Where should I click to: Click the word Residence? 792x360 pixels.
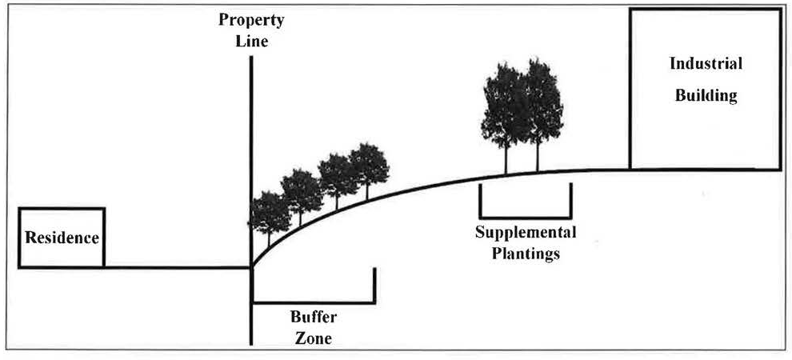pos(62,238)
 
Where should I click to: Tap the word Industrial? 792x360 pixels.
pos(706,63)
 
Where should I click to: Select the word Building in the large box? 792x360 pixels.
pos(706,96)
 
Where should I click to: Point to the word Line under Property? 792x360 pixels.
pos(252,42)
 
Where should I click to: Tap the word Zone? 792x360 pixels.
pos(312,338)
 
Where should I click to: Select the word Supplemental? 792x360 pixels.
pos(526,233)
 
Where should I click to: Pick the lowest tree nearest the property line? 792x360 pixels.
pos(270,212)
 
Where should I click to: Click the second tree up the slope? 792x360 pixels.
pos(302,190)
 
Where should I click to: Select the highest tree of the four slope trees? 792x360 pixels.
pos(368,165)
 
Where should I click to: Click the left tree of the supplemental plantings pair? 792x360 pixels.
pos(504,104)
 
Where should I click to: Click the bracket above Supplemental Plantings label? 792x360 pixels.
pos(525,216)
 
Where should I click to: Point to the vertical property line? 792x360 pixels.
pos(252,144)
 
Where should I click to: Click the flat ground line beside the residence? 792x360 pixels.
pos(176,267)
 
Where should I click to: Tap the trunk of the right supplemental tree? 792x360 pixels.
pos(537,156)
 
